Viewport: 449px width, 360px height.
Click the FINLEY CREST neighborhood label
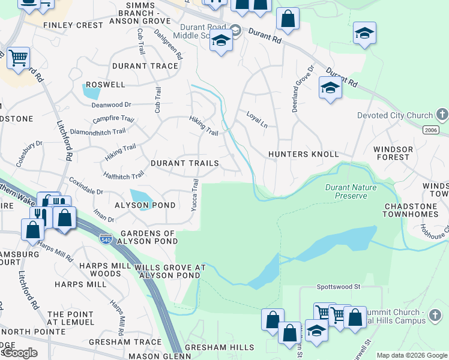tap(73, 25)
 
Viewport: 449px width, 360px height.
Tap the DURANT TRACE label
tap(145, 66)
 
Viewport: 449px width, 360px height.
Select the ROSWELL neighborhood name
tap(105, 85)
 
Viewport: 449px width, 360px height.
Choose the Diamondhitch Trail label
tap(98, 131)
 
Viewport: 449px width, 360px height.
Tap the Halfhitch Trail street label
tap(124, 175)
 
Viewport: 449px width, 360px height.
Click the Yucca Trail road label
tap(194, 195)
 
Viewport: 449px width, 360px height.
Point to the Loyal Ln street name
tap(256, 119)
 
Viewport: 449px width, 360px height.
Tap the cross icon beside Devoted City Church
tap(442, 114)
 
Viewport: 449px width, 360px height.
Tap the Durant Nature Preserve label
tap(351, 191)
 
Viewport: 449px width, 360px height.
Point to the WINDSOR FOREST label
tap(393, 154)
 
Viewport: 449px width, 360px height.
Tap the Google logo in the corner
tap(20, 353)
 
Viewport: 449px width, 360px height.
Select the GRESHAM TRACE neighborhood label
tap(125, 342)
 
